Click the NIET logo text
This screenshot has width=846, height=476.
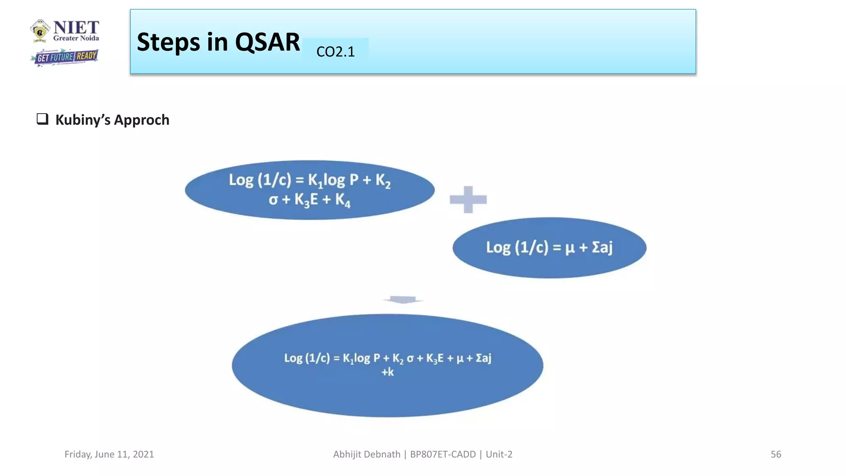pos(76,28)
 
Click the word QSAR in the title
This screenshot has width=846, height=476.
pos(267,42)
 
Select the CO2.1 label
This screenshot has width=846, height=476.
pos(335,52)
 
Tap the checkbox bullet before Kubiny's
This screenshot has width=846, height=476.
pos(43,119)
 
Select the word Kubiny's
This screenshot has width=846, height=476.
pos(83,120)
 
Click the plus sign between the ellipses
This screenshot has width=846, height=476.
pos(468,200)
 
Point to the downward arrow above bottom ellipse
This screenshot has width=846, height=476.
pos(403,300)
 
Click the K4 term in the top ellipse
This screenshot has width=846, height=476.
pos(343,200)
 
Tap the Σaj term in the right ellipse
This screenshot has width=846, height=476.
pos(602,247)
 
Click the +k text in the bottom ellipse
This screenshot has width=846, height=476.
pos(387,372)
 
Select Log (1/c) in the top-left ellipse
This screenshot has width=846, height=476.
pos(260,180)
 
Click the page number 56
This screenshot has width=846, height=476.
pos(776,454)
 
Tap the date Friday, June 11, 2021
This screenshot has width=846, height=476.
pos(109,454)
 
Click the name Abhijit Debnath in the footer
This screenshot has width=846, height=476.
pos(366,454)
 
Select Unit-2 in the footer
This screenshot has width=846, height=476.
pos(499,454)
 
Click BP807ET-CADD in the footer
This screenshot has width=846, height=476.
pos(443,454)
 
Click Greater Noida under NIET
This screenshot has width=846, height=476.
pos(76,38)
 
